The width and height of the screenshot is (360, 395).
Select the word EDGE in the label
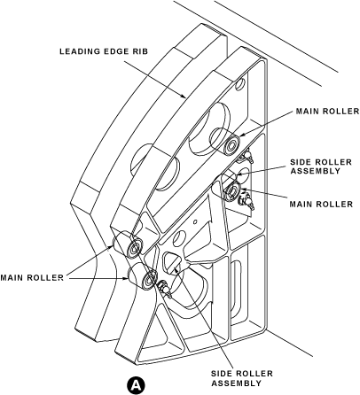tap(115, 51)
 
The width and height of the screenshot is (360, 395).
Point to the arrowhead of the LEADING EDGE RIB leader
tap(184, 96)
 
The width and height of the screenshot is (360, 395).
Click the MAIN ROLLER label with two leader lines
tap(32, 278)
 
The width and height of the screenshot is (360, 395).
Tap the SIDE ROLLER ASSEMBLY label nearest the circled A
tap(242, 378)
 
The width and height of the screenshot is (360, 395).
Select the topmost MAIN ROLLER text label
tap(327, 112)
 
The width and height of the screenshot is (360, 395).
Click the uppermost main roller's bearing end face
tap(231, 145)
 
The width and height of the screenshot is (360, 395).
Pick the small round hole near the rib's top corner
tap(239, 84)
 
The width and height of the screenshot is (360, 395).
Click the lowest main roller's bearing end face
tap(149, 278)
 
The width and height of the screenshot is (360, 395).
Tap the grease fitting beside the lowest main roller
tap(164, 290)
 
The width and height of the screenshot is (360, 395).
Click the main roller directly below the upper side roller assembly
tap(232, 191)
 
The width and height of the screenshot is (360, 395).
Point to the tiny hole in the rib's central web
tap(195, 221)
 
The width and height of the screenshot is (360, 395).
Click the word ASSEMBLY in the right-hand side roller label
tap(316, 171)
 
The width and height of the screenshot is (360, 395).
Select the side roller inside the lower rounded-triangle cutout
tap(174, 266)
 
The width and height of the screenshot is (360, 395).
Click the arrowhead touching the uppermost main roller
tap(241, 135)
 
